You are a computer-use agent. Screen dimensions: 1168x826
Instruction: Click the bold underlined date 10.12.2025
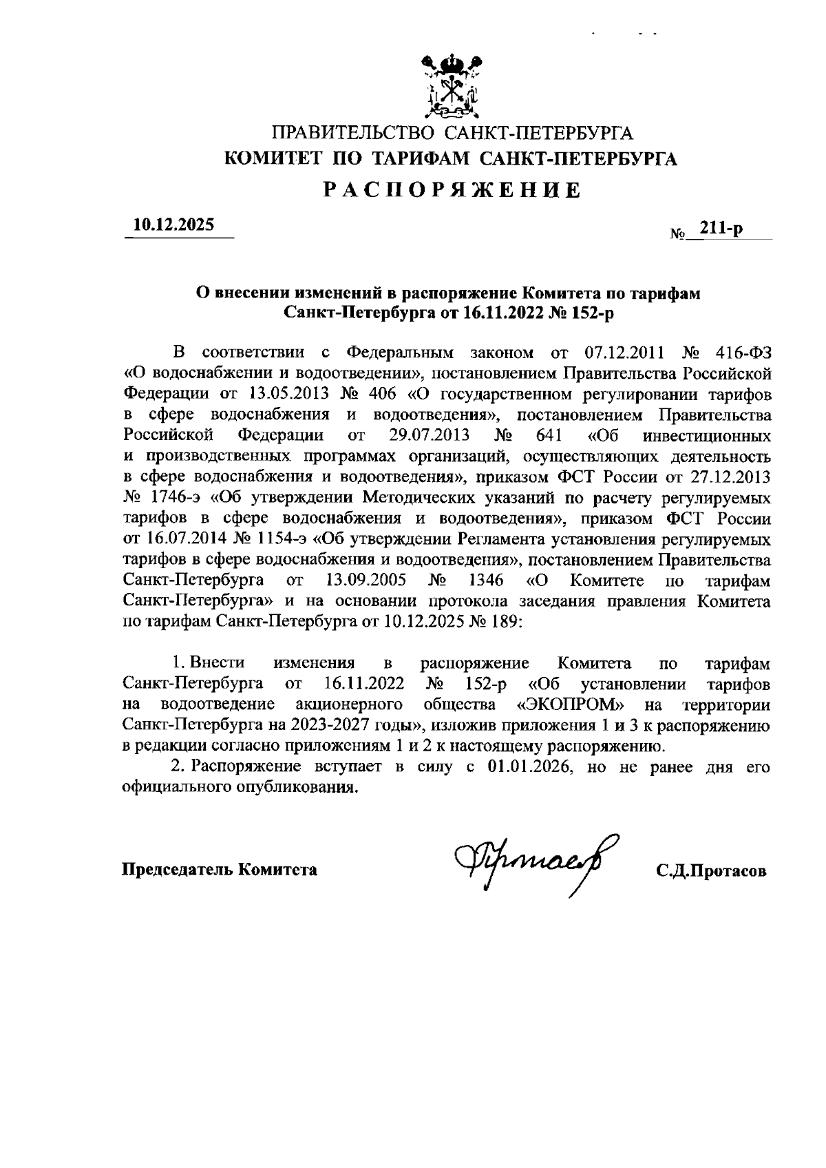174,225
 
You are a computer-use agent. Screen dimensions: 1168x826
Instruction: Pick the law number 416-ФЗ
738,353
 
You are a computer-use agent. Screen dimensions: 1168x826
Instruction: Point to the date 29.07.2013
429,436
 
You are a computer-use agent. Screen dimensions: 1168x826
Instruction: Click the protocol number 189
507,622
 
